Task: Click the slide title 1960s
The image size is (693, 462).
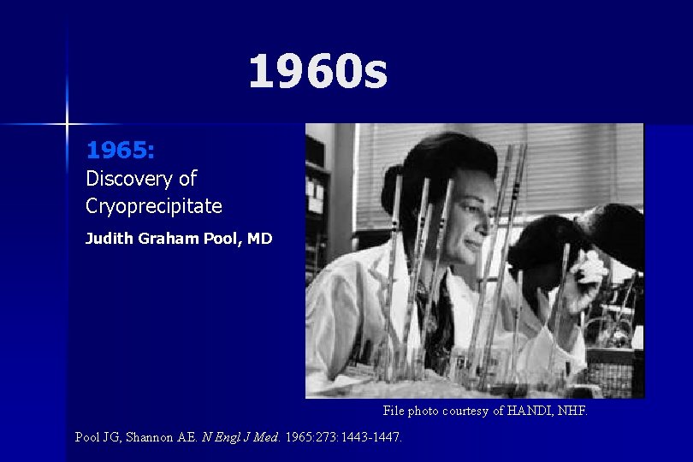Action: pyautogui.click(x=317, y=72)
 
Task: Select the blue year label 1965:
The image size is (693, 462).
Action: pyautogui.click(x=120, y=151)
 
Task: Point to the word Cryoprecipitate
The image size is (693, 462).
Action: pyautogui.click(x=154, y=206)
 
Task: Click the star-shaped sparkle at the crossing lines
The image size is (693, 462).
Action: pyautogui.click(x=66, y=124)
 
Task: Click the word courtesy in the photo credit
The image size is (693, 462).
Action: pyautogui.click(x=463, y=411)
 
